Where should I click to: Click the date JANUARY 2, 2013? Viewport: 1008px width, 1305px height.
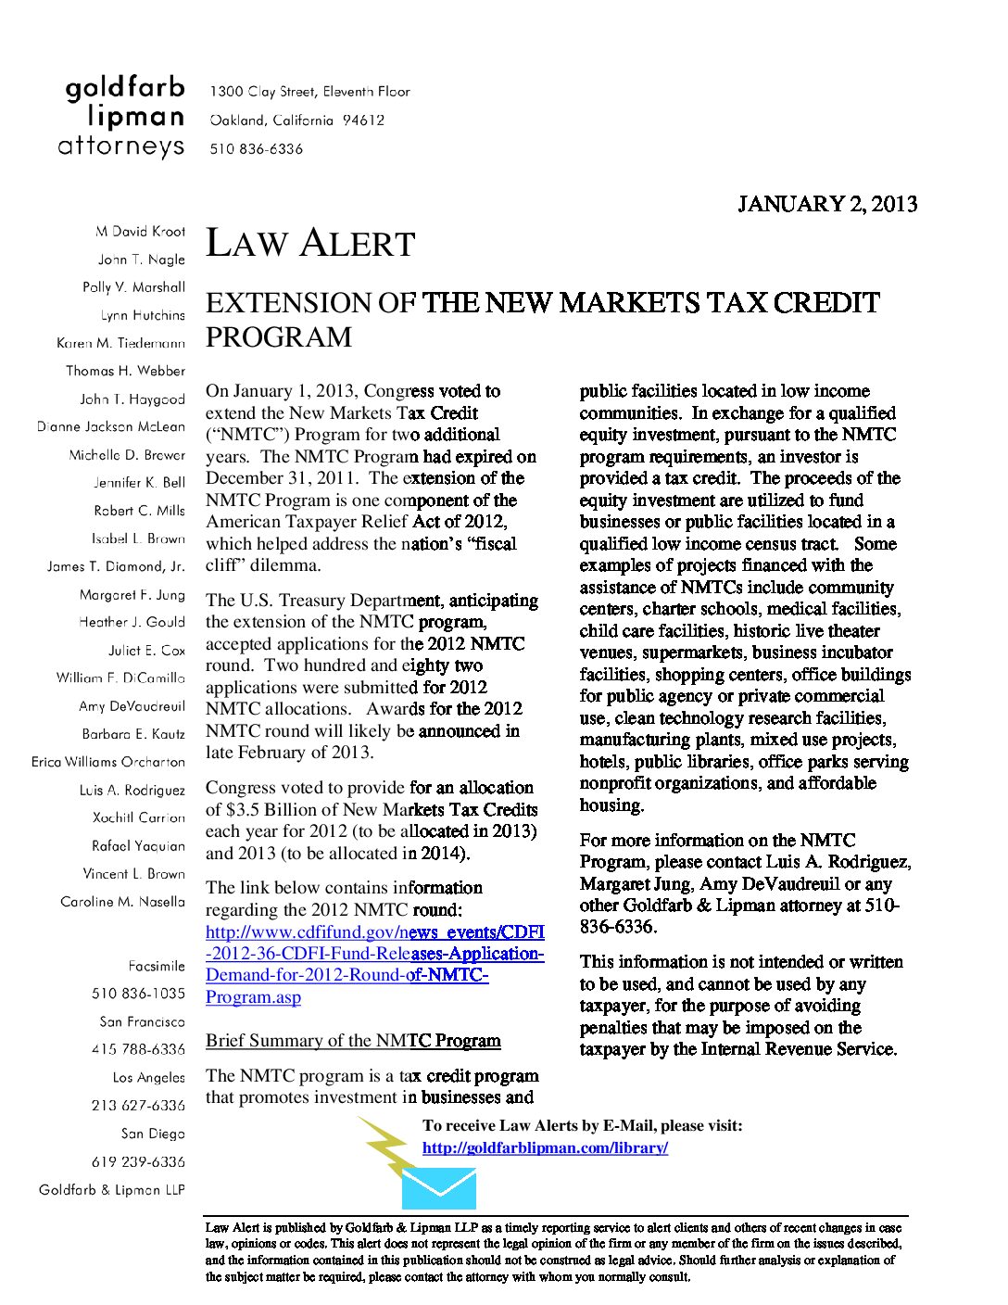(x=826, y=204)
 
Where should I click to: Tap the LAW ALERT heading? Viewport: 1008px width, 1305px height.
(x=309, y=244)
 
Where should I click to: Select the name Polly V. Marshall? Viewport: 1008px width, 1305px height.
(x=133, y=287)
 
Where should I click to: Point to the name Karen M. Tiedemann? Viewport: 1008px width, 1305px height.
(x=120, y=343)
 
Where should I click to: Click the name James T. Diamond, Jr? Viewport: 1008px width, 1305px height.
(x=116, y=566)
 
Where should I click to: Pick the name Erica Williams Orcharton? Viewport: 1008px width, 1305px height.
(x=108, y=762)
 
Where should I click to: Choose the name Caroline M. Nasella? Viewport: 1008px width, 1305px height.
(x=122, y=902)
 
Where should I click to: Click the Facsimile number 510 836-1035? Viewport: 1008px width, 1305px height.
(x=138, y=994)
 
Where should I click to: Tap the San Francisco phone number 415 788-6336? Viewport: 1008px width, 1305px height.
(x=138, y=1049)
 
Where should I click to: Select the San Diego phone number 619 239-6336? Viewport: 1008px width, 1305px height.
(x=138, y=1161)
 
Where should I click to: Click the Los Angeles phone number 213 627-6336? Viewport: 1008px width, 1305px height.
(x=138, y=1106)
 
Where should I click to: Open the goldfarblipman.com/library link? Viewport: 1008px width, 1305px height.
(x=545, y=1147)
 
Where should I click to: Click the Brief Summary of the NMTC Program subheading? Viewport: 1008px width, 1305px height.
(x=353, y=1041)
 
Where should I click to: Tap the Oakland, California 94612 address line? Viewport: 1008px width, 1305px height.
(x=296, y=120)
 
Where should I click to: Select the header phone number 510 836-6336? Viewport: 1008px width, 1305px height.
(x=256, y=149)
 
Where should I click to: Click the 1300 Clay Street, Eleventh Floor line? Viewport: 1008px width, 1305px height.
(x=309, y=92)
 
